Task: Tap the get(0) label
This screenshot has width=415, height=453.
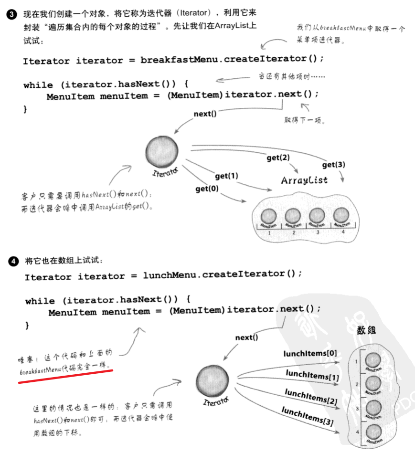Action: click(x=207, y=189)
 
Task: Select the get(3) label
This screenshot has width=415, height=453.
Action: click(x=333, y=165)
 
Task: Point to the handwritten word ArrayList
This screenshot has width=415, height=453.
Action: click(x=304, y=180)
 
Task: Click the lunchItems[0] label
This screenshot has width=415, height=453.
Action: click(x=310, y=354)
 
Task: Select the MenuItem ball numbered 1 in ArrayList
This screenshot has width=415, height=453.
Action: click(x=269, y=216)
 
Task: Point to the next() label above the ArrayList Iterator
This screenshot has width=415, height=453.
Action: click(x=205, y=114)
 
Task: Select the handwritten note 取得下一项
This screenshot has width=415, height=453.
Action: click(x=305, y=121)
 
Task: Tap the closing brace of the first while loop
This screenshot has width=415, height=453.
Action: click(x=25, y=109)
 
